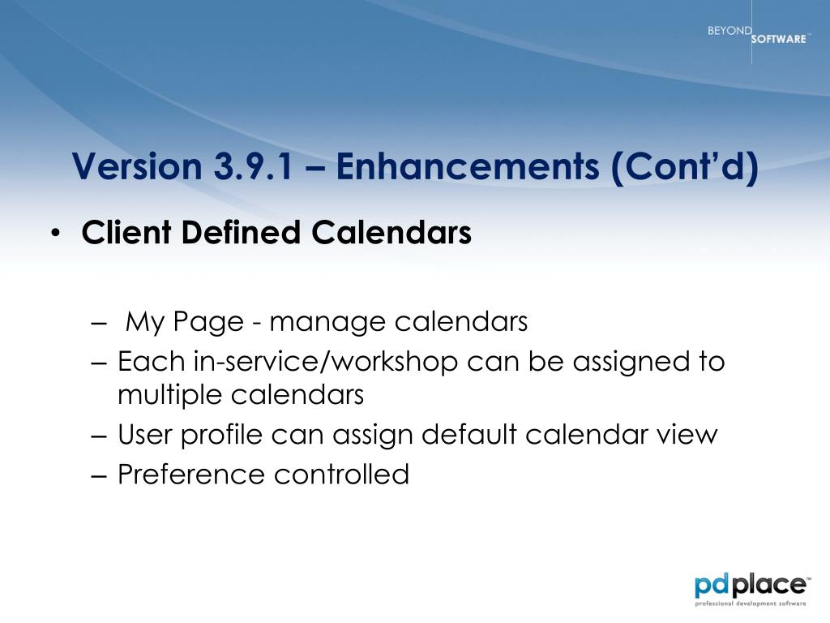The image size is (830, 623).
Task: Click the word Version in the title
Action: tap(137, 165)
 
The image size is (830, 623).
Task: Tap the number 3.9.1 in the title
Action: tap(253, 165)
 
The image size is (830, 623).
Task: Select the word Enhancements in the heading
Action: tap(468, 165)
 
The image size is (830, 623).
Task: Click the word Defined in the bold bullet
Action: tap(241, 232)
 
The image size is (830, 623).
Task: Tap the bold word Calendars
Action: tap(391, 232)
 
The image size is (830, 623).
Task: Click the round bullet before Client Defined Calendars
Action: tap(56, 234)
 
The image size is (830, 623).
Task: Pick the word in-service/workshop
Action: tap(326, 362)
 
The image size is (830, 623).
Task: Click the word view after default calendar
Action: tap(687, 435)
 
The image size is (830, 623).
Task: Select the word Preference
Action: tap(190, 474)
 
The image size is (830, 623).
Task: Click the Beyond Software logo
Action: tap(758, 34)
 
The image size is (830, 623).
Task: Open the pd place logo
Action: tap(751, 589)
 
